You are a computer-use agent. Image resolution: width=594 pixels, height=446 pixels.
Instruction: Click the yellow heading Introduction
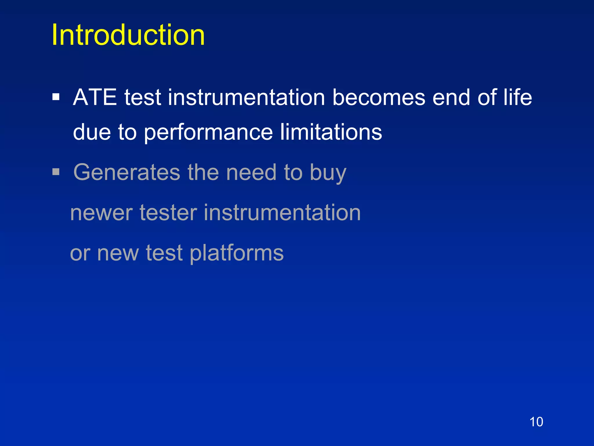[x=128, y=35]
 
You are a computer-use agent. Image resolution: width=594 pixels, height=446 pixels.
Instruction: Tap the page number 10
[x=536, y=422]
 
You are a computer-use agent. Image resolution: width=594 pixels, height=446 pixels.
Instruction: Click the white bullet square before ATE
[x=56, y=97]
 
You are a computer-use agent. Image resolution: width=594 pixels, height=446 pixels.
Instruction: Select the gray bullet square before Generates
[x=56, y=172]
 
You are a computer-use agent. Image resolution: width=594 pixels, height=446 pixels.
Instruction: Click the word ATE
[x=95, y=97]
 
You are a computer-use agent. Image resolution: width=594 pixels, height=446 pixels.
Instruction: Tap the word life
[x=517, y=97]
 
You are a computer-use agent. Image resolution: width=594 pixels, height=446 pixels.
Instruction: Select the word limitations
[x=331, y=132]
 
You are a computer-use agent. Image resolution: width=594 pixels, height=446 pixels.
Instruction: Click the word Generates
[x=127, y=172]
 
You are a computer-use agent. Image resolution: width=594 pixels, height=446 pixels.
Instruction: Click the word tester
[x=168, y=213]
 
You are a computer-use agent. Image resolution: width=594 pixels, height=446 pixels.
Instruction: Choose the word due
[x=92, y=132]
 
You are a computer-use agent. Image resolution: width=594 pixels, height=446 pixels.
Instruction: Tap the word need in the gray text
[x=251, y=172]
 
